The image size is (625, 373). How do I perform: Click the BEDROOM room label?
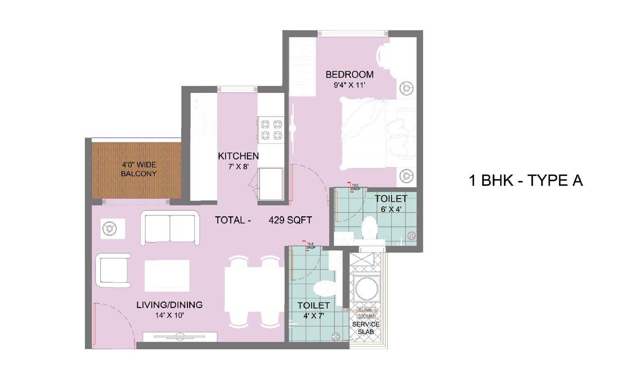349,75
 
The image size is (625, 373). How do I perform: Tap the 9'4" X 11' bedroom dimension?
349,85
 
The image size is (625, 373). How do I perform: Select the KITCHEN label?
238,156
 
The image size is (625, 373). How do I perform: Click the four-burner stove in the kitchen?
270,130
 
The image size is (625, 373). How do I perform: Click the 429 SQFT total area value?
290,220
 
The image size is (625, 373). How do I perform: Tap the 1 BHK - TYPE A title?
526,180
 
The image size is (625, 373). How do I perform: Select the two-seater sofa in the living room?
169,228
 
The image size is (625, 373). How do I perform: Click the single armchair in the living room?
113,270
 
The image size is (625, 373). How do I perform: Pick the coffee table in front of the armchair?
167,275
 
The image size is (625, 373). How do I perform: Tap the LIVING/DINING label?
169,305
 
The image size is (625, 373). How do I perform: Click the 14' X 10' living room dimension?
169,315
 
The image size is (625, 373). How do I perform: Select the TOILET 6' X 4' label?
391,203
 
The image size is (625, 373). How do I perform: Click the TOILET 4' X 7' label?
313,310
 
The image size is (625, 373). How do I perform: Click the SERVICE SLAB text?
366,328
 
